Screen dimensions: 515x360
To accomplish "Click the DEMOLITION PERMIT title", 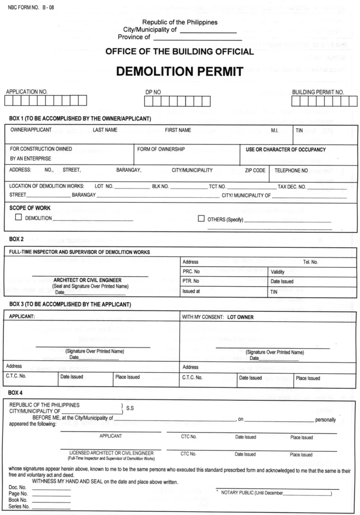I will coord(179,72).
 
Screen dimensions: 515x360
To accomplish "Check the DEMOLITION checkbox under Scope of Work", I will coord(19,218).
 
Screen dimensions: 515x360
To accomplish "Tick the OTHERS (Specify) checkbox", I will coord(202,219).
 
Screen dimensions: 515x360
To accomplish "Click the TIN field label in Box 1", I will coord(299,131).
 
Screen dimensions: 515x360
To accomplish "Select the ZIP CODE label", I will coord(255,170).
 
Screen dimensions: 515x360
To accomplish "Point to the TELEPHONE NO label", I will coord(291,170).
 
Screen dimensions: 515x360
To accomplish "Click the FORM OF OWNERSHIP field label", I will coord(161,149).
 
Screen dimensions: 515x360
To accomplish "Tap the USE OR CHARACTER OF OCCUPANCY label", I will coord(285,149).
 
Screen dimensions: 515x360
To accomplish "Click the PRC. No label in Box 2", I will coord(192,272).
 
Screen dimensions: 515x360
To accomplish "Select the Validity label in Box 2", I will coord(278,272).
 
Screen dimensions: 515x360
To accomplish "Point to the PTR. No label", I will coord(191,281).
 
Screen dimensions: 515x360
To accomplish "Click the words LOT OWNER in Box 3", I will coord(240,318).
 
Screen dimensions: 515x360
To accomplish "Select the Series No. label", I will coord(19,506).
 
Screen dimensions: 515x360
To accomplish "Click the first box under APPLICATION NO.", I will coord(9,101).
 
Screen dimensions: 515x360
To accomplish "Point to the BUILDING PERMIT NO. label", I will coord(318,92).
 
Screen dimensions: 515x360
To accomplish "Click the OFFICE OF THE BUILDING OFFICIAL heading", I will coord(179,52).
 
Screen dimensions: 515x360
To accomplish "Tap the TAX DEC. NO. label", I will coord(292,187).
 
